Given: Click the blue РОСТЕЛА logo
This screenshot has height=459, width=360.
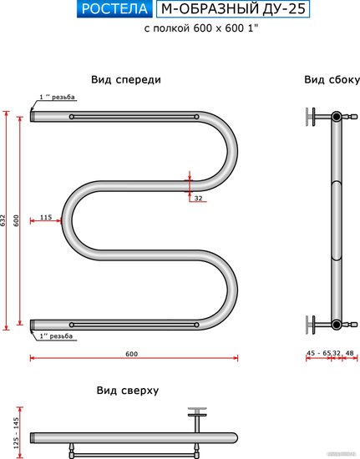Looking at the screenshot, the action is click(114, 9).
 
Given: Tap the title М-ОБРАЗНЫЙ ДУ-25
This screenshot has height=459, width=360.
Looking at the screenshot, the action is click(233, 9).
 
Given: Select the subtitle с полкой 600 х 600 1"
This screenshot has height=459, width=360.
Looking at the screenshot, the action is click(201, 28).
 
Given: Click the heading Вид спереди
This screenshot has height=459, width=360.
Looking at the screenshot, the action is click(126, 79).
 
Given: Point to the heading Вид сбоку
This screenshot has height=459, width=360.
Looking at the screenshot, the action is click(332, 79).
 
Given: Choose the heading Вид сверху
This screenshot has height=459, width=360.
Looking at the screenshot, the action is click(128, 391).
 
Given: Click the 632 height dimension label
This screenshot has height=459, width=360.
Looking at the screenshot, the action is click(3, 220).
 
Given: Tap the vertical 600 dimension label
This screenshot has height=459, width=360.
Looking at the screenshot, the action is click(16, 220).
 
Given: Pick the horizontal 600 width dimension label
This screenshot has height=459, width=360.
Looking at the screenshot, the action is click(131, 354).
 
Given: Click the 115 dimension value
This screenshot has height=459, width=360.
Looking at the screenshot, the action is click(46, 217).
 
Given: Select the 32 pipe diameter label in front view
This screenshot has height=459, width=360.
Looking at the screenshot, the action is click(198, 198).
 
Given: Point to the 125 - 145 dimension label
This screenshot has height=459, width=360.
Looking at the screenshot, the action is click(16, 432).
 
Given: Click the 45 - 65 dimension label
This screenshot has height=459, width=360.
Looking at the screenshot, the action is click(319, 353).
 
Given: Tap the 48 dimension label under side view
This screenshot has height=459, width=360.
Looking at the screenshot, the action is click(350, 353).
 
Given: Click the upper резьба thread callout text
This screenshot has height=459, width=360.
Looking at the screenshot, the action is click(57, 97).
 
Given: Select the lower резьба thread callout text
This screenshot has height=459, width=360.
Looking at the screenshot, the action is click(56, 336).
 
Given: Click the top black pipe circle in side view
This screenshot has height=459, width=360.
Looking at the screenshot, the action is click(337, 117).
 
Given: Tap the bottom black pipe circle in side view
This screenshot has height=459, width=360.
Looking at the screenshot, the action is click(337, 324).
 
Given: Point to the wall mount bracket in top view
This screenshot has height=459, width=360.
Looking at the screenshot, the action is click(197, 419).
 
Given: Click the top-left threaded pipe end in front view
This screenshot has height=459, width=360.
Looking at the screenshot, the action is click(33, 117).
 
